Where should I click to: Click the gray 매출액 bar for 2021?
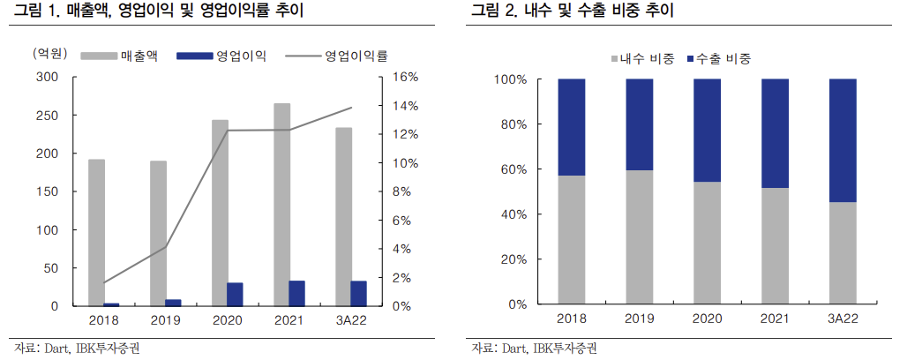tap(281, 205)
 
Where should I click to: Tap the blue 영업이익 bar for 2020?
tap(235, 295)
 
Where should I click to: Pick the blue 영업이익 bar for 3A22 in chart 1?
tap(359, 294)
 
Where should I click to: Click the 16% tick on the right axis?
tap(405, 78)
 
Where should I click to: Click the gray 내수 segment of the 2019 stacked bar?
tap(640, 237)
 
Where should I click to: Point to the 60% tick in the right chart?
tap(511, 169)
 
